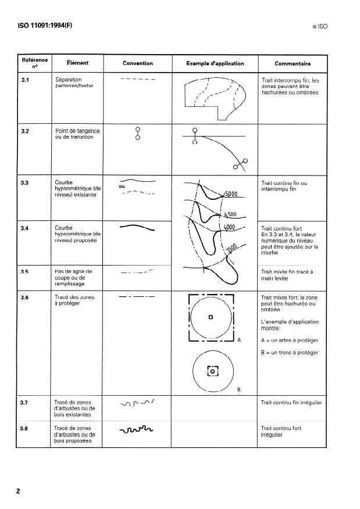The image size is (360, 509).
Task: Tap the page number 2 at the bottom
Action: point(18,491)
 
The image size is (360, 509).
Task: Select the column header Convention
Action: point(138,63)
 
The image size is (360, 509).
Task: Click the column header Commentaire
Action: point(292,63)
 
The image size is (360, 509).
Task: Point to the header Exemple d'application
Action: point(215,63)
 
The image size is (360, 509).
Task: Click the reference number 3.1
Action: point(24,79)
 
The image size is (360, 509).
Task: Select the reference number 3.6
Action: point(24,297)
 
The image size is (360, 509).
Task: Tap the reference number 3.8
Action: point(24,428)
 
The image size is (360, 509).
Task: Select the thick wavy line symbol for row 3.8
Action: point(136,431)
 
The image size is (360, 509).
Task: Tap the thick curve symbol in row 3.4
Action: point(137,227)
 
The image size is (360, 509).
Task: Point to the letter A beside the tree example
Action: point(239,339)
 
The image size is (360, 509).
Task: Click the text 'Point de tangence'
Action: point(77,131)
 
